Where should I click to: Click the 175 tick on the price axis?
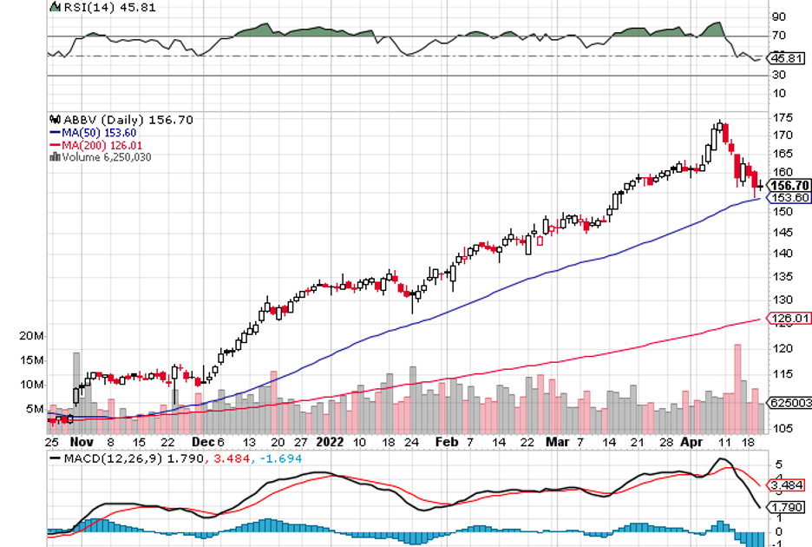click(782, 117)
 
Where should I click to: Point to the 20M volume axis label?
click(32, 335)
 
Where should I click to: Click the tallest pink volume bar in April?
click(738, 378)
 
